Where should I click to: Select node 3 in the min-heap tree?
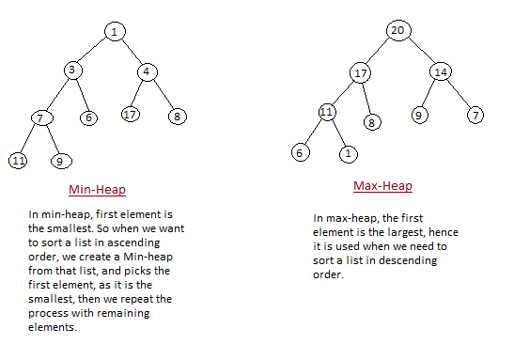point(73,70)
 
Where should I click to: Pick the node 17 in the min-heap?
point(130,115)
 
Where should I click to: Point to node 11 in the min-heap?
point(18,161)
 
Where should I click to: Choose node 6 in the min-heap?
point(89,117)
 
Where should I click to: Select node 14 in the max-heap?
point(442,71)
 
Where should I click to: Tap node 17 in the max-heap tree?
point(363,72)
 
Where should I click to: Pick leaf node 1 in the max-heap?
point(349,152)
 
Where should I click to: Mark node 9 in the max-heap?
point(419,116)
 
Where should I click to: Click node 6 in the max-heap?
point(300,151)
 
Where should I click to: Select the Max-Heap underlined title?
point(382,186)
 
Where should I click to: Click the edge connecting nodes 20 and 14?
point(419,51)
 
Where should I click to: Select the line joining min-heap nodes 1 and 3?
point(93,51)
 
